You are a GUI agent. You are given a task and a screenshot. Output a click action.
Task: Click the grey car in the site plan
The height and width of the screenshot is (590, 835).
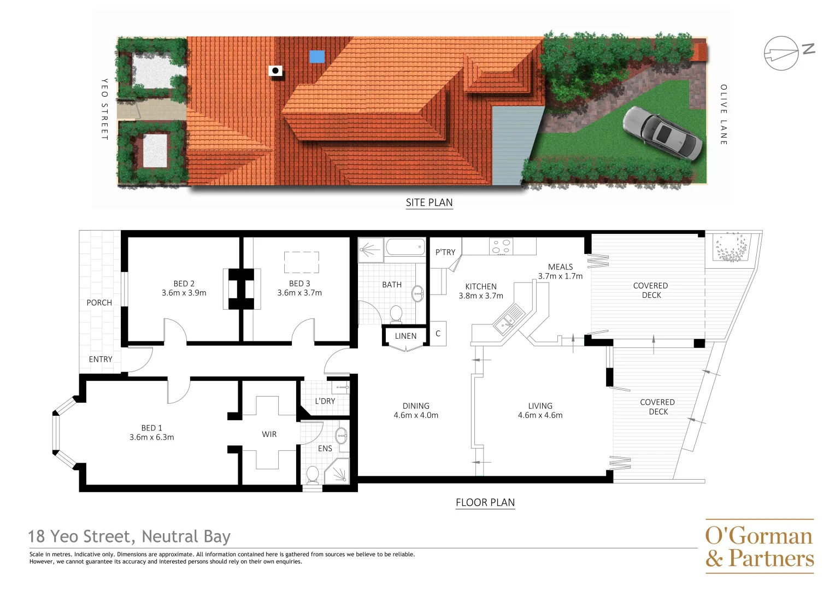click(663, 133)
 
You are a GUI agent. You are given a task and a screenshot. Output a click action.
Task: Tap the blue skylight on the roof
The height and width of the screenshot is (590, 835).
click(317, 56)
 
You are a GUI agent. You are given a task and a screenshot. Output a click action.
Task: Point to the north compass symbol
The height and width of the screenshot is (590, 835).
click(781, 53)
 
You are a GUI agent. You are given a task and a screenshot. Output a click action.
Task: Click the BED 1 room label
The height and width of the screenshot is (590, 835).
click(151, 428)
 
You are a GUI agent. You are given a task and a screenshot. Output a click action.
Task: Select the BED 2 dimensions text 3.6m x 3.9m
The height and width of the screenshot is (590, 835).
click(184, 293)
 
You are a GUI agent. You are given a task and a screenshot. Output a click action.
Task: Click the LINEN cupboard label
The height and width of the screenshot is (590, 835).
click(405, 336)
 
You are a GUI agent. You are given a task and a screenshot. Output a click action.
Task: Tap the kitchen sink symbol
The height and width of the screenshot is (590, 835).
click(509, 319)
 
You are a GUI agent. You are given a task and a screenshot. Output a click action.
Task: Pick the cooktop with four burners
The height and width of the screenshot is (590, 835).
click(501, 246)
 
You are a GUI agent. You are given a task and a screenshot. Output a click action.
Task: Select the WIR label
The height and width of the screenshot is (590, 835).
click(269, 434)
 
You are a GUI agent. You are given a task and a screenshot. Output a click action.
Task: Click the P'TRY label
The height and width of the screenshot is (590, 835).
click(445, 252)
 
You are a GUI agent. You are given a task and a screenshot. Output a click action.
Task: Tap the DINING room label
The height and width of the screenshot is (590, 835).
click(416, 406)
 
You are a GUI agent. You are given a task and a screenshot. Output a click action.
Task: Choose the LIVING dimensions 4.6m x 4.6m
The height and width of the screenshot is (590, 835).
click(540, 415)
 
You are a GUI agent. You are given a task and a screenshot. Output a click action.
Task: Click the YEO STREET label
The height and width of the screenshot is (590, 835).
click(104, 109)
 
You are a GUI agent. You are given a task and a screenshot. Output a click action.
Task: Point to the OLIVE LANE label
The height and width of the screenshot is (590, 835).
click(724, 115)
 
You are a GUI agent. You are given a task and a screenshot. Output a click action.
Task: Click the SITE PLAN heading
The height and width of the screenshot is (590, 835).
click(429, 203)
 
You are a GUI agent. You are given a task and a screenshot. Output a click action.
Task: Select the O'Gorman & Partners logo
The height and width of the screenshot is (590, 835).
click(759, 546)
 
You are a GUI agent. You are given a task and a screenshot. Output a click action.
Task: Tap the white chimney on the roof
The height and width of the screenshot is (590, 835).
click(275, 71)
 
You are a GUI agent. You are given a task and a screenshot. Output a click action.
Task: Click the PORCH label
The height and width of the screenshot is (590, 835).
click(99, 303)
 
